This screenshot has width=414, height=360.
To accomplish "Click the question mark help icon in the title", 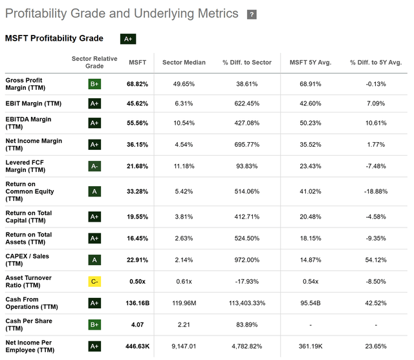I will click(252, 15).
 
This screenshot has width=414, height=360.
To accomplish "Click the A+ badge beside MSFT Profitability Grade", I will click(128, 39).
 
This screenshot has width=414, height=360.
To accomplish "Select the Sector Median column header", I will click(189, 63).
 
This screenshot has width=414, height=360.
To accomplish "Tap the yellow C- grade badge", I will click(94, 282).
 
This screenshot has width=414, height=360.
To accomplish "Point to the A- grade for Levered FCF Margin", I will click(94, 166).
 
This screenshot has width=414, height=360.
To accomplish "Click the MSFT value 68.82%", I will click(138, 84).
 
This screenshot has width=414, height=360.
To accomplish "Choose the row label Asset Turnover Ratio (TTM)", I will click(28, 282).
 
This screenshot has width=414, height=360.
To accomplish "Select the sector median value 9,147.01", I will click(189, 346).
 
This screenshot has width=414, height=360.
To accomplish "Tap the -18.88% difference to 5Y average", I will click(376, 191).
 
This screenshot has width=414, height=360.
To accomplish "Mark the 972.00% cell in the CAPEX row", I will click(245, 260).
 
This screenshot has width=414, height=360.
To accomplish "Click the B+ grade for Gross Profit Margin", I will click(94, 84).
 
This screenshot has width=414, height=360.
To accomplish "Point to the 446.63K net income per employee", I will click(137, 346).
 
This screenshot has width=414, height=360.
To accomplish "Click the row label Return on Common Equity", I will click(30, 191).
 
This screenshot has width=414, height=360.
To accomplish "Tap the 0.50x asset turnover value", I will click(138, 282).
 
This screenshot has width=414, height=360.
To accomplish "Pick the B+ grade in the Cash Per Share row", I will click(94, 325).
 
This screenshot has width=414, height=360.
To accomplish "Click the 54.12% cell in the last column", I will click(376, 260).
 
